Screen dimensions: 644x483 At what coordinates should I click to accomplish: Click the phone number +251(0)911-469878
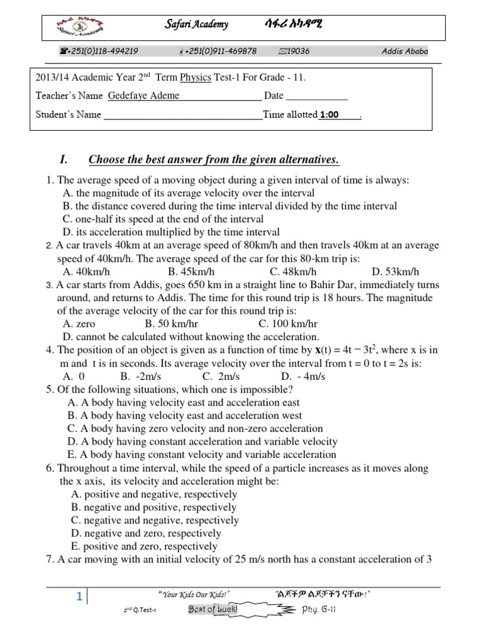point(218,51)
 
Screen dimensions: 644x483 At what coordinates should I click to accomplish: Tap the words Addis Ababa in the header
point(405,51)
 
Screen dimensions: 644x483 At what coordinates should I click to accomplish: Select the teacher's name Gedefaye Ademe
point(143,96)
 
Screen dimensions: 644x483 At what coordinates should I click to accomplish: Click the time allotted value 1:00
point(329,115)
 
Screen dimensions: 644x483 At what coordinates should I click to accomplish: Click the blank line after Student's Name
point(182,116)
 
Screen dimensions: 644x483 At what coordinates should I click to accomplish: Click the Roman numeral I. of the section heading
point(63,158)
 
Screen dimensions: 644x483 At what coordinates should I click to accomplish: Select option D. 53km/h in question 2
point(395,272)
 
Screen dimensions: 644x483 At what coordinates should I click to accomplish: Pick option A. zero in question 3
point(79,324)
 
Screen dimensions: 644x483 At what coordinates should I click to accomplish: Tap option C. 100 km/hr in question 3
point(288,324)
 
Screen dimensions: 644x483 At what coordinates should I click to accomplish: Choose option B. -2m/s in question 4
point(133,376)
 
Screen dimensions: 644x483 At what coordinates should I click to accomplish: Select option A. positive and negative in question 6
point(154,494)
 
